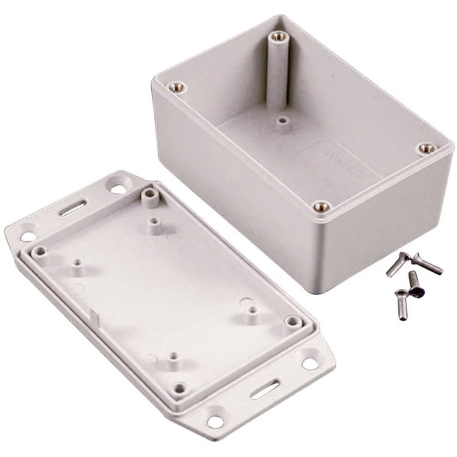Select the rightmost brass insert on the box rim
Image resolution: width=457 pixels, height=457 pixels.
(426, 148)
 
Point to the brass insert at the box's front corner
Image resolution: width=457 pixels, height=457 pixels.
(322, 207)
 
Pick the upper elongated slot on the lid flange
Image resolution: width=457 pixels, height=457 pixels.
(73, 209)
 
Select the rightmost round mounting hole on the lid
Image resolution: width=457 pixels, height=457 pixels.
(309, 364)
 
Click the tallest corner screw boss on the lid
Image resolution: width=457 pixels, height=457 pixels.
(149, 197)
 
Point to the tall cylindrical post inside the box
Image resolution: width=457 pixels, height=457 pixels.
(276, 73)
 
